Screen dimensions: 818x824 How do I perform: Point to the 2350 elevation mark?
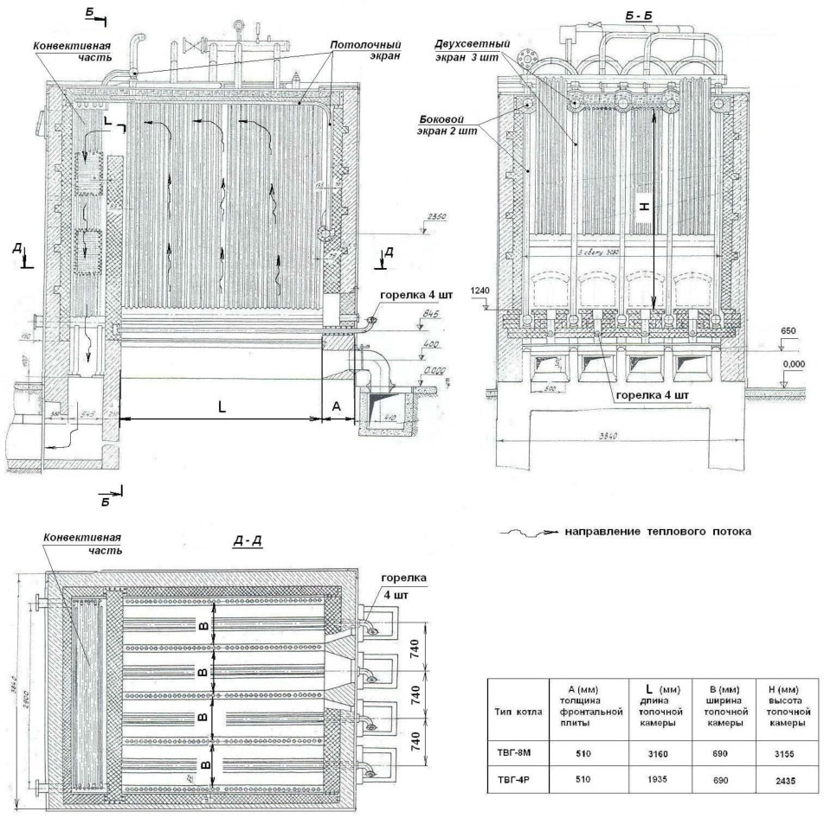coord(438,219)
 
